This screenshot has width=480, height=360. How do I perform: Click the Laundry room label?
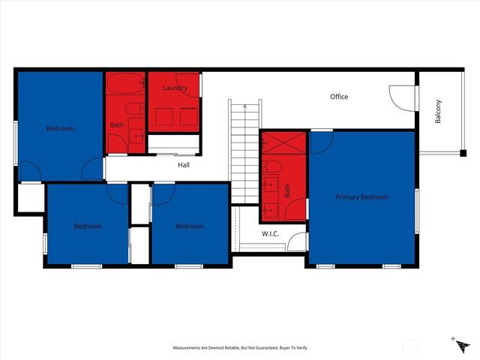click(x=174, y=88)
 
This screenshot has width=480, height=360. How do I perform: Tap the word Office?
click(x=339, y=97)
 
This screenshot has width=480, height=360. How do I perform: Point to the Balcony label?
click(x=439, y=112)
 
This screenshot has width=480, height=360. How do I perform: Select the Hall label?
click(x=184, y=165)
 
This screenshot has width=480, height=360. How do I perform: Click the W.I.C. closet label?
click(x=270, y=234)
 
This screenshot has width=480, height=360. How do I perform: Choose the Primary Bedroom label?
click(x=361, y=197)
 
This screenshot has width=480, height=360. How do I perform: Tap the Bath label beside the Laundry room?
click(x=117, y=125)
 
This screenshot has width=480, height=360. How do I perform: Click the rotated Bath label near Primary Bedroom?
click(x=287, y=191)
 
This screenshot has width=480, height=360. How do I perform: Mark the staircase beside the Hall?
click(x=244, y=150)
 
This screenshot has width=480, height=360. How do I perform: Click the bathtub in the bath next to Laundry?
click(x=125, y=83)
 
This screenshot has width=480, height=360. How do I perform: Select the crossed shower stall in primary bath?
click(x=284, y=142)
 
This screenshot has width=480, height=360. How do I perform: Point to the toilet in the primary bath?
click(x=273, y=166)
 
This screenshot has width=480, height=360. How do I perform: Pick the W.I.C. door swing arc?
click(x=297, y=241)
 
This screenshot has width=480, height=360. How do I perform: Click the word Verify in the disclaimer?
click(x=299, y=348)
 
